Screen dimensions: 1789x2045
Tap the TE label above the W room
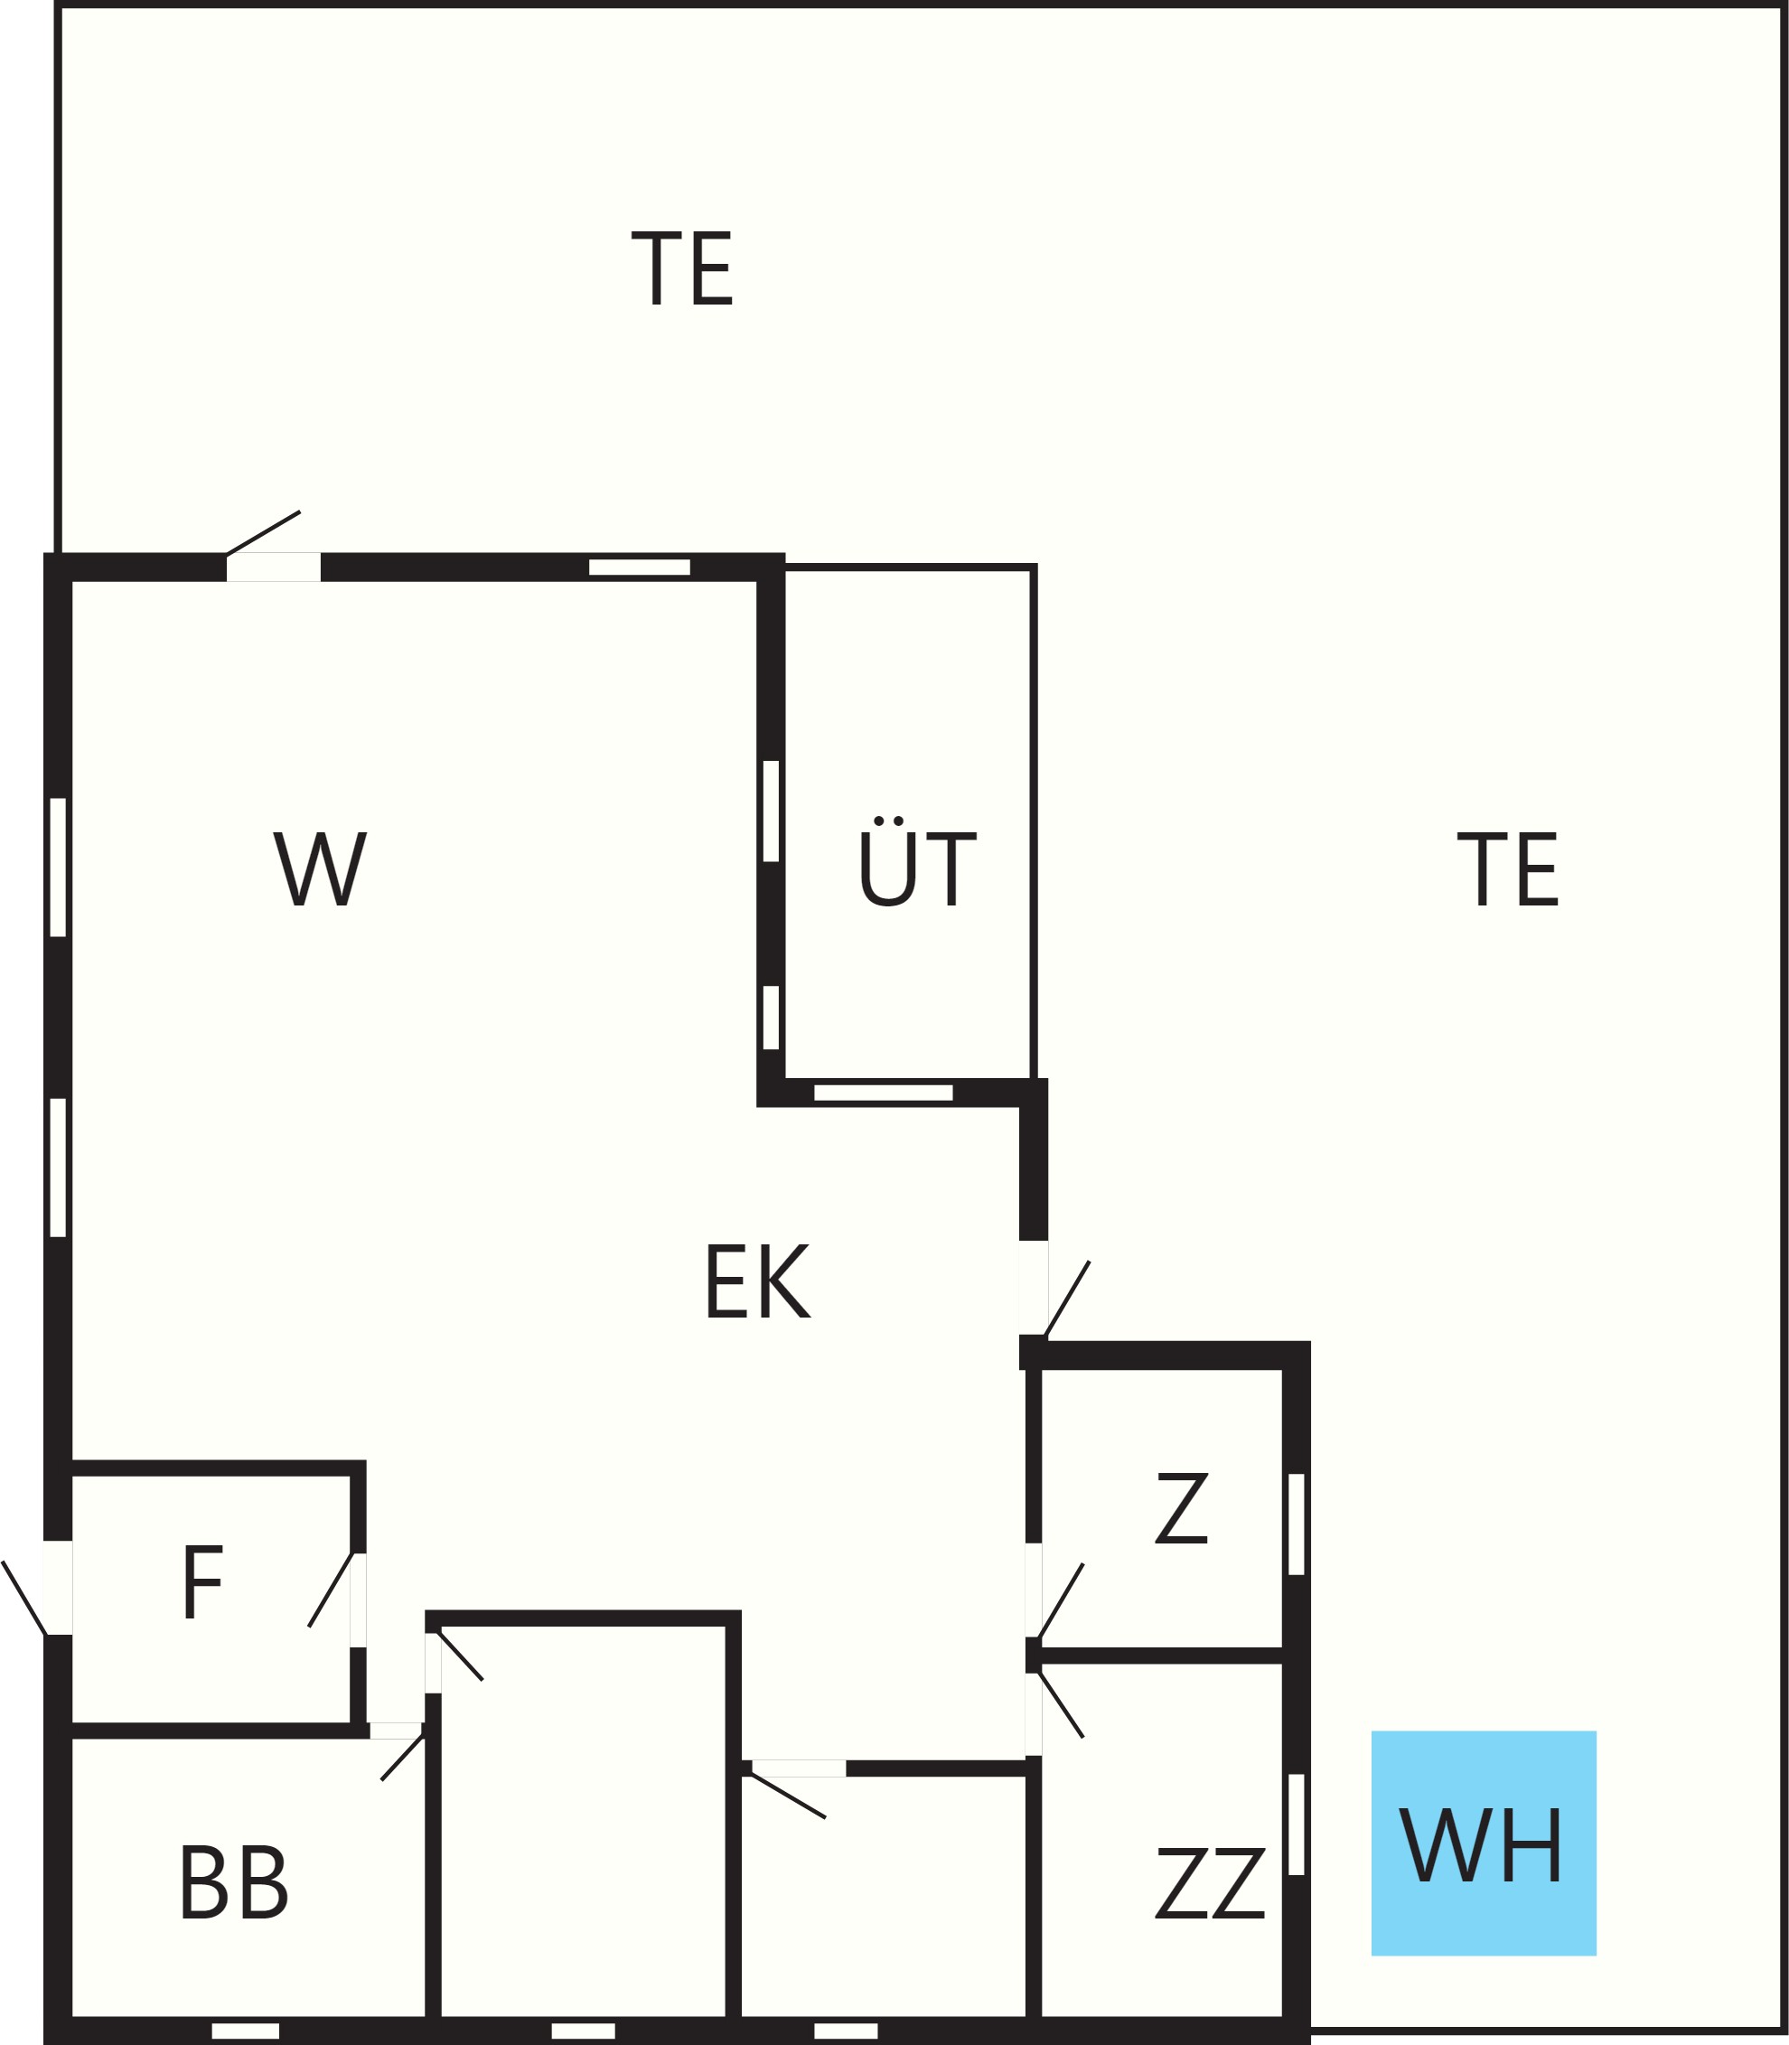(683, 268)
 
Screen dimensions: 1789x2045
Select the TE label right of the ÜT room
(1507, 868)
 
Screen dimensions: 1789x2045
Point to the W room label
(321, 868)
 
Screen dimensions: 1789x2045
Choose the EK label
(758, 1281)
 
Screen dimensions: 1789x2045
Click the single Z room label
(1182, 1508)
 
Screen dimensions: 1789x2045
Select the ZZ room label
(1210, 1882)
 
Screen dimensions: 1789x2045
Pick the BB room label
(235, 1882)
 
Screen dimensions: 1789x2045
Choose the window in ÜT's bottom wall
(884, 1093)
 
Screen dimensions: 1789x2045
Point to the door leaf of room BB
(402, 1759)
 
